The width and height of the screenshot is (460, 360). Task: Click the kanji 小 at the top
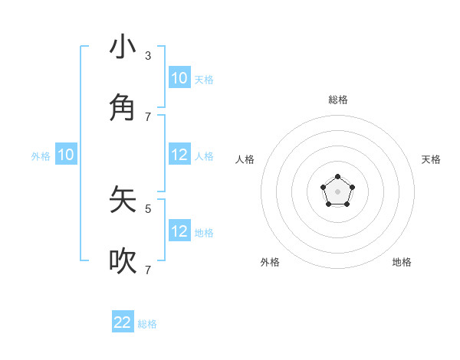tap(123, 47)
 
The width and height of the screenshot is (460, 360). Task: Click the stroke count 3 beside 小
tap(148, 55)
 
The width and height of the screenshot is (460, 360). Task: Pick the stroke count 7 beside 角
tap(148, 116)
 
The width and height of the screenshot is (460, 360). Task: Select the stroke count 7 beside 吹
tap(148, 270)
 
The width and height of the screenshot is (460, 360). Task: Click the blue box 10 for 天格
tap(179, 77)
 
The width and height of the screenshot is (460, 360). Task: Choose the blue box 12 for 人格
tap(179, 155)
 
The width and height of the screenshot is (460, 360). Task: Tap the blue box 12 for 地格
tap(179, 231)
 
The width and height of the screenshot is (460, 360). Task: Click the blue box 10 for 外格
tap(66, 155)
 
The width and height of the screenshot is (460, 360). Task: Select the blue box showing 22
tap(123, 322)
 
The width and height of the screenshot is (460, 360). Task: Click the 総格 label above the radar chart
tap(338, 100)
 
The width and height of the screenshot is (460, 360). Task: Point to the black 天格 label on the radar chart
tap(431, 159)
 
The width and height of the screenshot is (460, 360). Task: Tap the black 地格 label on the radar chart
tap(402, 262)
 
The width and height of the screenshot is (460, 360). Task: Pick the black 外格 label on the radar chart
tap(270, 262)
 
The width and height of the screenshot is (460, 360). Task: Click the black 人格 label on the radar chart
tap(245, 159)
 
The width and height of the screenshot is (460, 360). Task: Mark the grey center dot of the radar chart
tap(338, 191)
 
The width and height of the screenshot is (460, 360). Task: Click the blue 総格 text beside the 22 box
tap(147, 324)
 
